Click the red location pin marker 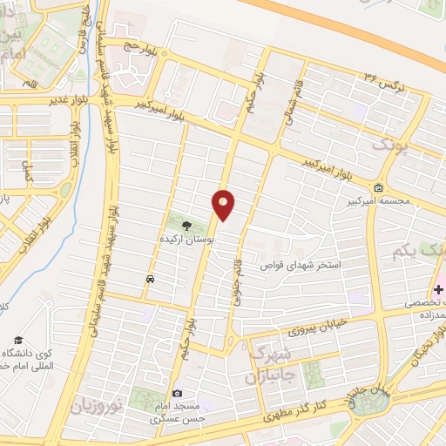click(224, 204)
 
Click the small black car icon click(152, 280)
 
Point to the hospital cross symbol click(438, 288)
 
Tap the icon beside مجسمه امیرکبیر click(378, 188)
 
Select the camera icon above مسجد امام click(178, 394)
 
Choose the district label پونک click(389, 145)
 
